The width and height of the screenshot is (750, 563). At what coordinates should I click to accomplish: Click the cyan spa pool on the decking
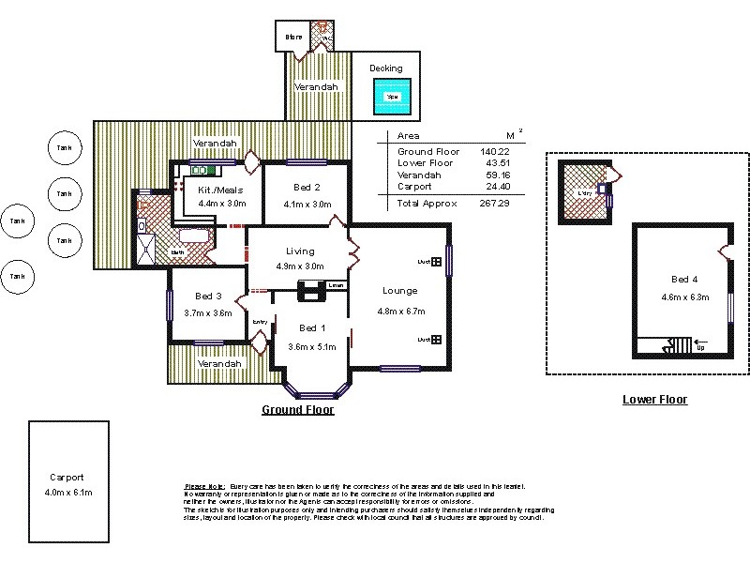(385, 96)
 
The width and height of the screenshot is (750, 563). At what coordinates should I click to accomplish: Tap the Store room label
(293, 38)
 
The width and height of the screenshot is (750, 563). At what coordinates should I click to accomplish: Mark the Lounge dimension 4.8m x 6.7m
(400, 312)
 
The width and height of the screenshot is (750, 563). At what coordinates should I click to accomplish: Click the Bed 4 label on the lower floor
(684, 280)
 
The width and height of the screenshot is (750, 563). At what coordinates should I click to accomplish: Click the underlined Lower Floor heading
(654, 400)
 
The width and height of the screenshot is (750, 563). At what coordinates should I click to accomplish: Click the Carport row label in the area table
(414, 187)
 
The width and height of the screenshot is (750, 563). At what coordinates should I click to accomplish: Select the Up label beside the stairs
(699, 346)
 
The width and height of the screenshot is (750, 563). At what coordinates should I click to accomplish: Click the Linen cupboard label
(336, 285)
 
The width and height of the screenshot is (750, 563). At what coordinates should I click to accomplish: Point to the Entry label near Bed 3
(260, 323)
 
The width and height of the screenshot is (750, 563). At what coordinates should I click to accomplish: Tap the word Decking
(385, 68)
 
